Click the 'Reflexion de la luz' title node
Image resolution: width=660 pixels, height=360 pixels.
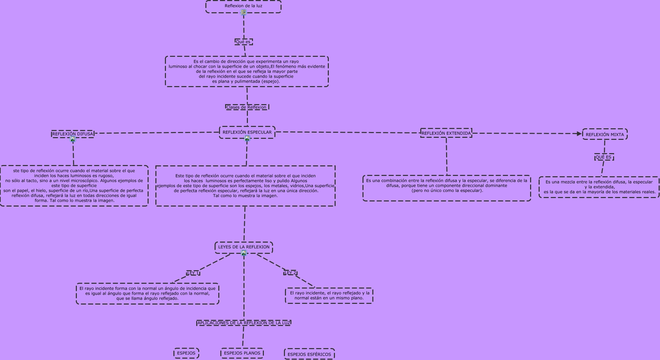243,6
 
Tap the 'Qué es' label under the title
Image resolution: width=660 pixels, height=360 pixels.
243,42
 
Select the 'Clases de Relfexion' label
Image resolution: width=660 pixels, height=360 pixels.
247,107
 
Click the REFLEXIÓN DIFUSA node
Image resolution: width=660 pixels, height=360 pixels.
72,134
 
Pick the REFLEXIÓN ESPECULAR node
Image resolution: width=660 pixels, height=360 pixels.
247,132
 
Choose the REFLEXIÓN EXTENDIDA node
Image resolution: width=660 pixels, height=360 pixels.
446,133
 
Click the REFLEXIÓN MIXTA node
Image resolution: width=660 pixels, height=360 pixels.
605,134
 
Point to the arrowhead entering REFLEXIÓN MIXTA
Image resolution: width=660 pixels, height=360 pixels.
579,134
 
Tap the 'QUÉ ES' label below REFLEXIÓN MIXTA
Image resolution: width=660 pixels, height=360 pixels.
604,157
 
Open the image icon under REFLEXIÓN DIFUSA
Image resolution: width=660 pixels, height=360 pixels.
72,139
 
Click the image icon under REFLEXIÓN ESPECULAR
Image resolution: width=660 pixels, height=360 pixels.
247,138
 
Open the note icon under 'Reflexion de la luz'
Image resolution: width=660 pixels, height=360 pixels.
243,12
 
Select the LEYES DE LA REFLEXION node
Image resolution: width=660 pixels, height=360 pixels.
244,247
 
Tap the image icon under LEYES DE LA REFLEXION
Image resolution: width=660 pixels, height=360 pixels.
243,253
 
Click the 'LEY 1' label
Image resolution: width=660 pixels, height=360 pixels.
193,273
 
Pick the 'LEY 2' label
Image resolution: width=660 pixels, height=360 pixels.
290,273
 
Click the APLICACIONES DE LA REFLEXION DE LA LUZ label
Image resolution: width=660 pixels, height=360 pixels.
244,323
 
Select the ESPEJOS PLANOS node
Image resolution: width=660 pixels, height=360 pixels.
242,353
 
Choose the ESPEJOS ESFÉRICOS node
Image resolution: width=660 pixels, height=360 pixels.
309,354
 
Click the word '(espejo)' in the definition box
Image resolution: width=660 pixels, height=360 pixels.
271,81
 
